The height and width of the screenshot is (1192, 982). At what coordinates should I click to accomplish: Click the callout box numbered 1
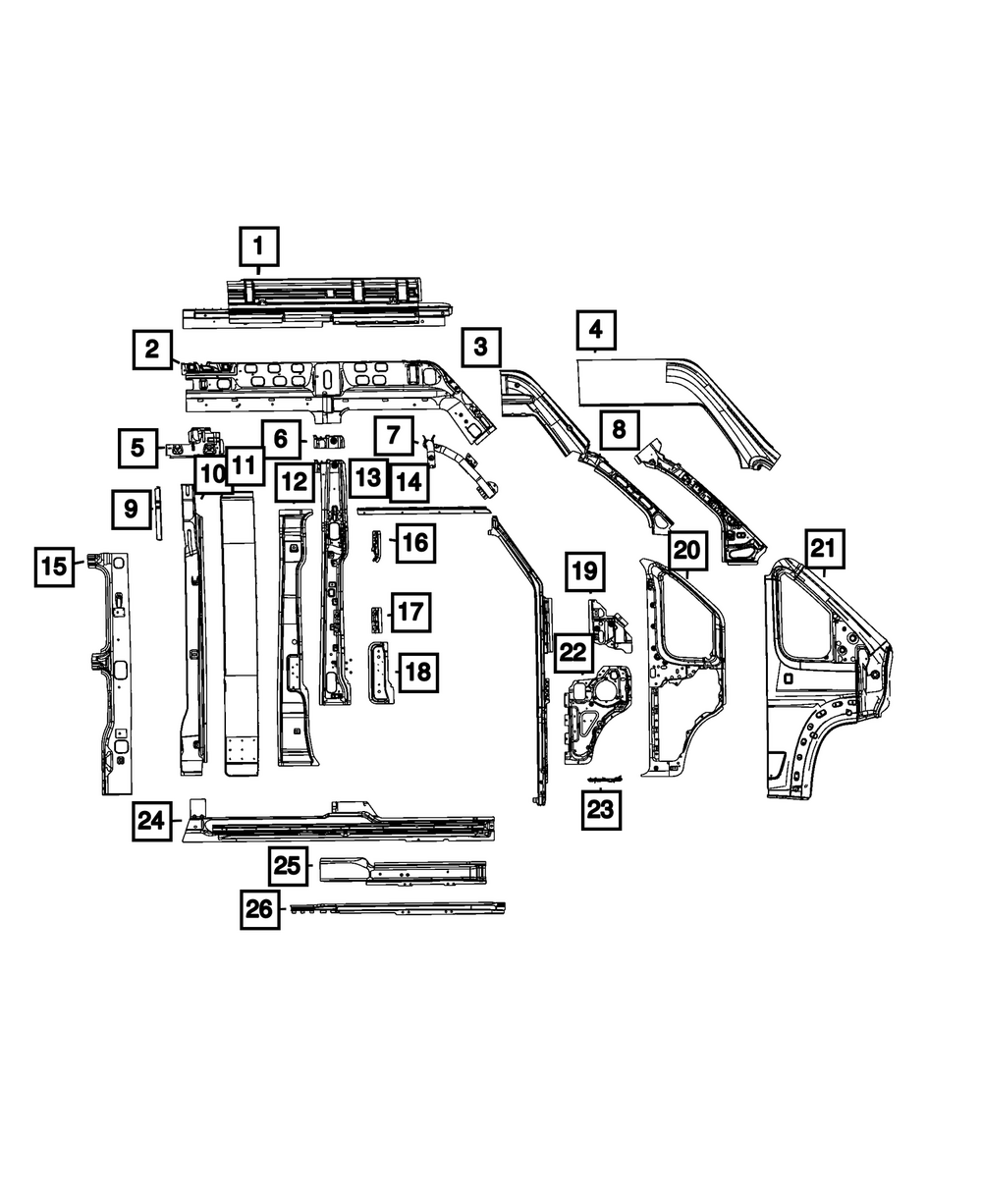[259, 246]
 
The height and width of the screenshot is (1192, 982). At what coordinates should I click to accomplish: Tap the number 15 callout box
[54, 566]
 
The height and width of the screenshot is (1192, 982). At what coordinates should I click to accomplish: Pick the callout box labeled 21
[826, 548]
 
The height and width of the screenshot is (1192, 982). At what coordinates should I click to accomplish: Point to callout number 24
[151, 821]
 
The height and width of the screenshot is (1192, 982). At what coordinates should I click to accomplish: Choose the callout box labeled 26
[259, 909]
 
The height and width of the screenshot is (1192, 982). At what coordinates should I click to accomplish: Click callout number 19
[584, 569]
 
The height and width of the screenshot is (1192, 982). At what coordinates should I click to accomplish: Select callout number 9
[131, 509]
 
